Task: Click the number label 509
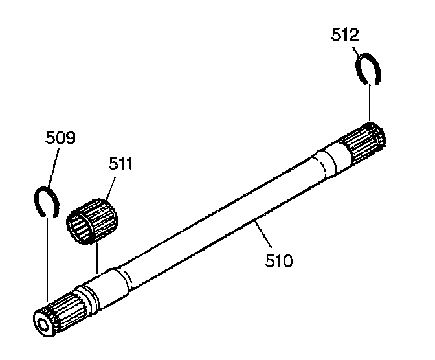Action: pos(60,139)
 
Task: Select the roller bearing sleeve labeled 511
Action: pos(93,219)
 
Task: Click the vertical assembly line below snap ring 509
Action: pos(47,259)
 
